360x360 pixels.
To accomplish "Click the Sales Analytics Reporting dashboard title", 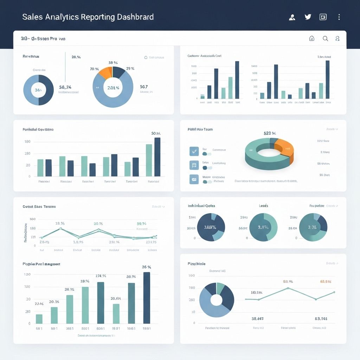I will [88, 17].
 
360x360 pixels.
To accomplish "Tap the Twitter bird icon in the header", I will [308, 17].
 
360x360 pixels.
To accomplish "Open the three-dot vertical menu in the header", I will [339, 17].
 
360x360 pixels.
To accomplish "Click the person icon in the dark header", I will [292, 17].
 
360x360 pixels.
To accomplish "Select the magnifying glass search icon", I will [325, 39].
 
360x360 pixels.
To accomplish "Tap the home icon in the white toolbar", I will [311, 39].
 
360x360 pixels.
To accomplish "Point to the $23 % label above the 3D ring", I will [270, 133].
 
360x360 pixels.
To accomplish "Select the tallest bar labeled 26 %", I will [147, 297].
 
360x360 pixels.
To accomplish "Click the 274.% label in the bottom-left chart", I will [101, 276].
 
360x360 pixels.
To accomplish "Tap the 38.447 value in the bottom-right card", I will [258, 319].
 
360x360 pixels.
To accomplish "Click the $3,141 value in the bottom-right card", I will [321, 319].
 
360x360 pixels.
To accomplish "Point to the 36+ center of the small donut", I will [38, 90].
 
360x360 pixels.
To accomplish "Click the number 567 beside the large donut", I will [144, 86].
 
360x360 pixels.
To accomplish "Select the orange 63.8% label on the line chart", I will [326, 282].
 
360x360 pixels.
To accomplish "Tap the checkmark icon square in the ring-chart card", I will [194, 151].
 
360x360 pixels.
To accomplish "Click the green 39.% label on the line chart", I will [141, 224].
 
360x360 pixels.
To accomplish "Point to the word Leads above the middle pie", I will [264, 206].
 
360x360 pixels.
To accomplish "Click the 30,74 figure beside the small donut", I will [65, 87].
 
